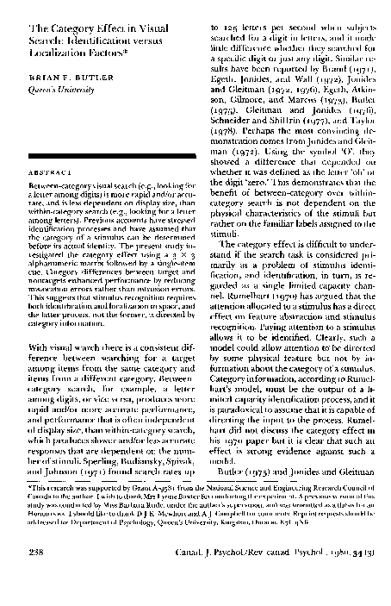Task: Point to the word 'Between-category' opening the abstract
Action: pyautogui.click(x=60, y=209)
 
